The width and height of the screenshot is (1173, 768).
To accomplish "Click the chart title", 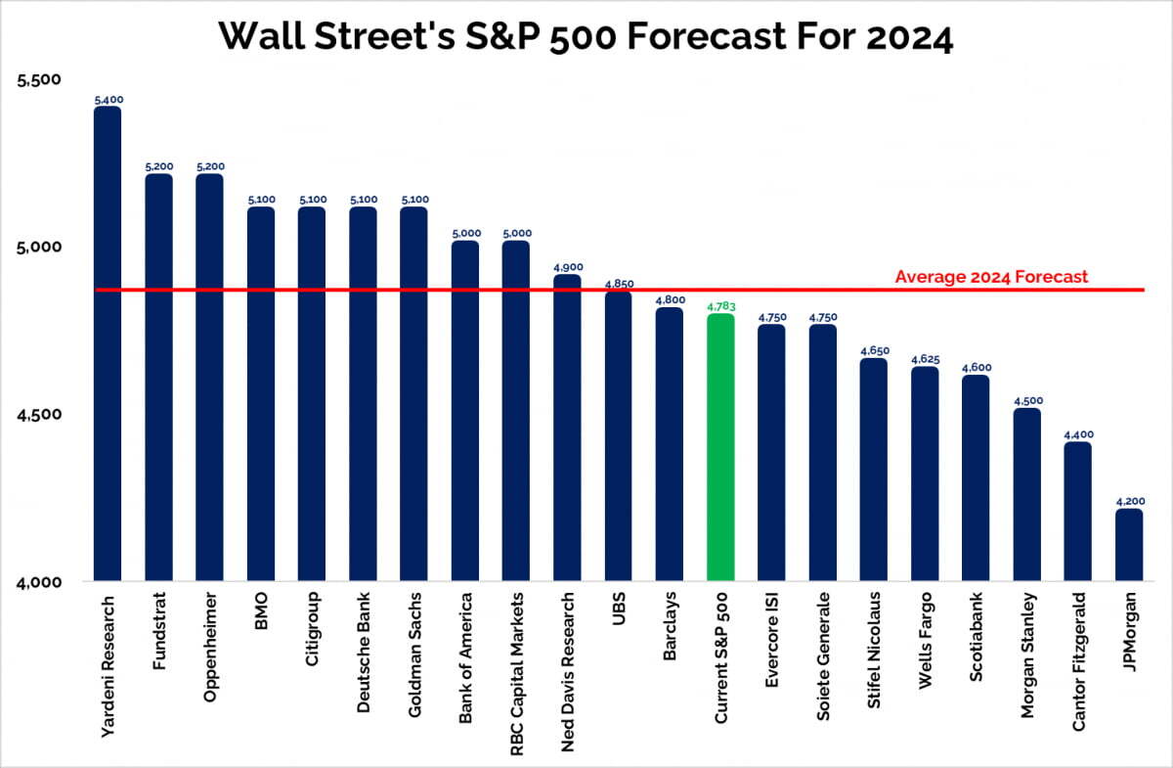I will [x=586, y=36].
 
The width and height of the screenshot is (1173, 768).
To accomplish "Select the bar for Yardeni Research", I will [x=108, y=342].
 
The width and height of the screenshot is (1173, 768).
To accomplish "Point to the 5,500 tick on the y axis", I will [x=40, y=79].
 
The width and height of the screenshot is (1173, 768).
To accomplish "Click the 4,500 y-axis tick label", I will [x=40, y=414].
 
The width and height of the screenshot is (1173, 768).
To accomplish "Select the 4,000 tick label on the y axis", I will [x=40, y=582].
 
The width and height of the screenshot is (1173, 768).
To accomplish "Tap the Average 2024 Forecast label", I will [x=991, y=277].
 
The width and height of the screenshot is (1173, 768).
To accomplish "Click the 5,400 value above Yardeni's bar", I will [x=108, y=100].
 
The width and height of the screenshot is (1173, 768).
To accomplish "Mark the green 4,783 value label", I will [x=720, y=306].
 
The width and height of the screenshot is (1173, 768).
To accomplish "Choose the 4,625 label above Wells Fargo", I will [x=925, y=360].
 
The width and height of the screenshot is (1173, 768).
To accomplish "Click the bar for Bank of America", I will [x=465, y=411].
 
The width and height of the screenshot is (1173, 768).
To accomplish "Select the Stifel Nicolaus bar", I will [x=874, y=470].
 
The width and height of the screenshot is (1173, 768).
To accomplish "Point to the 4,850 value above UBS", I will [x=619, y=284].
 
